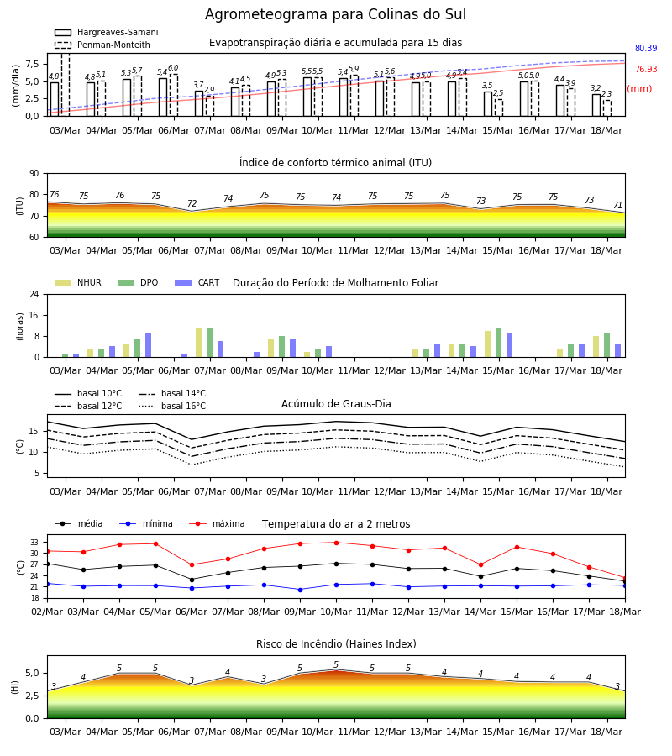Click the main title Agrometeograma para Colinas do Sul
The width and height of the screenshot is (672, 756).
pos(335,14)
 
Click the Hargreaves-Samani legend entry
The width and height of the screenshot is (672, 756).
pos(107,32)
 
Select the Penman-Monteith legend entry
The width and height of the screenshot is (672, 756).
pos(102,45)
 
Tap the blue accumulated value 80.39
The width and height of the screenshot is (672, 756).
pos(646,48)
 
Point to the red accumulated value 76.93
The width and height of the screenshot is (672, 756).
pos(646,70)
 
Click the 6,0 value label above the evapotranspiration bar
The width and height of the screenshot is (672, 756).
pos(173,68)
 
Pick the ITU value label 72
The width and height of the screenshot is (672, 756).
pos(192,203)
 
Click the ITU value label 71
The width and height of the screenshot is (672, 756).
pos(617,206)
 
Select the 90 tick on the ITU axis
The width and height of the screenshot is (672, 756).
pos(34,174)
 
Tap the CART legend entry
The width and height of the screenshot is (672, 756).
pos(197,282)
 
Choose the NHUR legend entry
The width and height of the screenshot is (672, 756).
pos(78,282)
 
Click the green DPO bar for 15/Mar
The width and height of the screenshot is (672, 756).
pos(498,343)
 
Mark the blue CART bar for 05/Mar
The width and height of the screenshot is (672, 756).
pos(148,346)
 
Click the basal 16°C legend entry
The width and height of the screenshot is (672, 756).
pos(172,406)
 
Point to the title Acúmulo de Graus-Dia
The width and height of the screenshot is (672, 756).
pos(336,404)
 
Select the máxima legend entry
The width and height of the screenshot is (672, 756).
pos(217,523)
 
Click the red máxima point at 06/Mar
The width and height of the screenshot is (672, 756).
pos(192,564)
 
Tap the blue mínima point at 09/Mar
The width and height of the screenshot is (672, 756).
pos(301,590)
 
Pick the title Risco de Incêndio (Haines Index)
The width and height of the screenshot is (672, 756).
pos(336,644)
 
